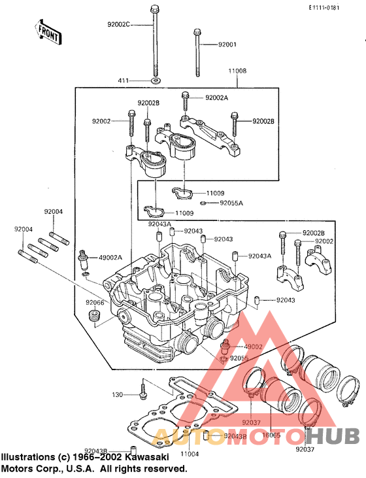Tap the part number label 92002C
coord(118,24)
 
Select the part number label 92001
coord(227,44)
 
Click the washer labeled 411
coord(156,81)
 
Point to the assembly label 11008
coord(237,71)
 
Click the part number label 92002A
coord(217,98)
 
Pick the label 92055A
coord(231,203)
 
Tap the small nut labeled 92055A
coord(203,203)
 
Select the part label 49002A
coord(110,258)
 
